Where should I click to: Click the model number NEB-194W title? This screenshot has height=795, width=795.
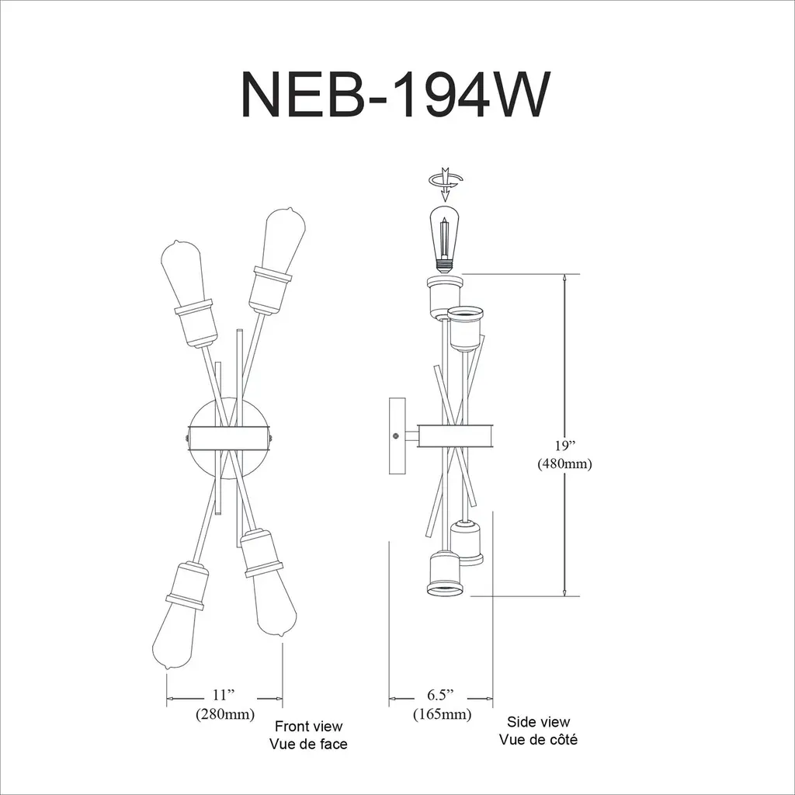[395, 95]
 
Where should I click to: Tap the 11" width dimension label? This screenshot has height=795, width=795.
[224, 695]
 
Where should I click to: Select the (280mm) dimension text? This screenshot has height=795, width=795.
[225, 714]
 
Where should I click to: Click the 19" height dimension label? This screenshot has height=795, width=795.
[565, 445]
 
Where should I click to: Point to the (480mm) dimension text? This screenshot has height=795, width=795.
[565, 463]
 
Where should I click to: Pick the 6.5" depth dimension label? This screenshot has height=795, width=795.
[440, 695]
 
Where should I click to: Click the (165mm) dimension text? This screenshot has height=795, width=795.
[442, 714]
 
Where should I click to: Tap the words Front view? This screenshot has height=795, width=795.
[309, 726]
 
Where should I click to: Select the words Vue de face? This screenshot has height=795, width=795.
[308, 744]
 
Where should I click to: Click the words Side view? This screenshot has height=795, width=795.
[539, 721]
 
